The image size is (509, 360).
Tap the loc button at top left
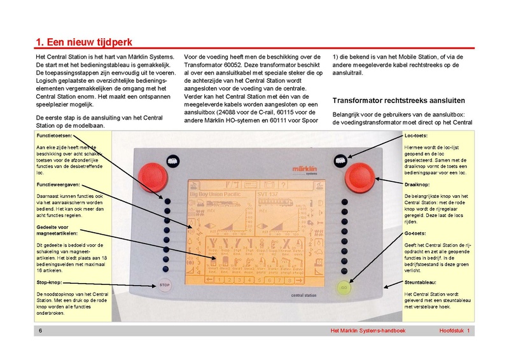(x=170, y=162)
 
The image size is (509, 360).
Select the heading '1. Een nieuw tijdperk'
(x=83, y=43)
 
